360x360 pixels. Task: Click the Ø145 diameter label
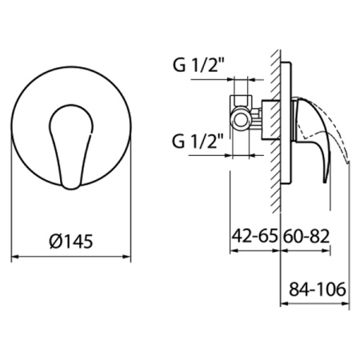coord(71,242)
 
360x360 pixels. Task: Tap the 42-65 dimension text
coord(254,236)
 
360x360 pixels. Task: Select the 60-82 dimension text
coord(306,236)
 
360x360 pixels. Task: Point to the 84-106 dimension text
coord(318,289)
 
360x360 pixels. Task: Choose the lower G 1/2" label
coord(198,141)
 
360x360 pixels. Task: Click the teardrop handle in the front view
coord(71,146)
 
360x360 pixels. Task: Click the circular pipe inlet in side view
coord(241,120)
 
